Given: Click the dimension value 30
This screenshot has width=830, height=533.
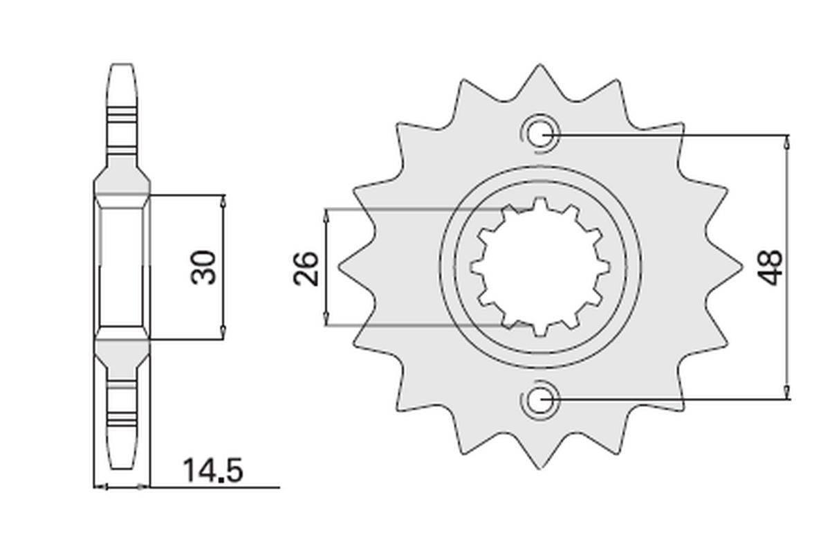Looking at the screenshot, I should pyautogui.click(x=205, y=266).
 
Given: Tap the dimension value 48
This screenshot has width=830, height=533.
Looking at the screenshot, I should pyautogui.click(x=770, y=266).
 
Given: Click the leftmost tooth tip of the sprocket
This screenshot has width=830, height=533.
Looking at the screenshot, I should pyautogui.click(x=340, y=266).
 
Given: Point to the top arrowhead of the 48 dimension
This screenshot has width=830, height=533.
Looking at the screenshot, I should pyautogui.click(x=787, y=141).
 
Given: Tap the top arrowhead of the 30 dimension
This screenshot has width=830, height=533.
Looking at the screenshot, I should pyautogui.click(x=223, y=201).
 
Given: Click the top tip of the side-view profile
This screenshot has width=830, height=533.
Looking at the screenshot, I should pyautogui.click(x=122, y=66).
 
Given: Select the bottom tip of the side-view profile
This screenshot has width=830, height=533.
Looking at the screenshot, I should pyautogui.click(x=122, y=468).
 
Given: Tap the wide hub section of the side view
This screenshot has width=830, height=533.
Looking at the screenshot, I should pyautogui.click(x=122, y=266).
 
